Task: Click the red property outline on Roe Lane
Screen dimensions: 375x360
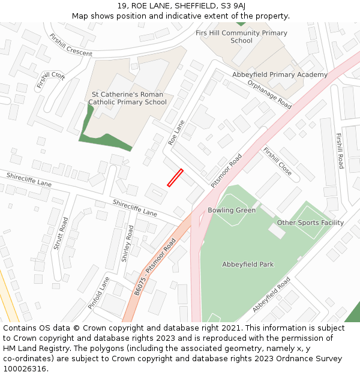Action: click(x=175, y=178)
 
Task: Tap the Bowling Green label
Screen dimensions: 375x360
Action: click(x=232, y=211)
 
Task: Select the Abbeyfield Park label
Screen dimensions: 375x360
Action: click(x=248, y=265)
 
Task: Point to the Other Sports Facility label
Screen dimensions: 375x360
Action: click(x=310, y=223)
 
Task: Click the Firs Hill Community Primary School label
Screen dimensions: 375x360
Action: click(x=241, y=37)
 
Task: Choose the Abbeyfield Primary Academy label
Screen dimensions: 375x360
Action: click(x=280, y=75)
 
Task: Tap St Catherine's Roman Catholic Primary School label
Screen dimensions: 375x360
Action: click(x=127, y=98)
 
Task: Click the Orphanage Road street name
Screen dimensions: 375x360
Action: click(x=269, y=95)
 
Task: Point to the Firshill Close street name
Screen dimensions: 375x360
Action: click(x=277, y=161)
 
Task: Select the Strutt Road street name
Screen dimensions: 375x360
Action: click(x=58, y=233)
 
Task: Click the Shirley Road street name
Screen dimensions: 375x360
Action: click(x=127, y=244)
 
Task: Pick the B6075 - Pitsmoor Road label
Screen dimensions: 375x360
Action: click(x=155, y=265)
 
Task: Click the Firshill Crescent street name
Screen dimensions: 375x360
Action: click(x=71, y=46)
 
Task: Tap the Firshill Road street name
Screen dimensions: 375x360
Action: click(x=340, y=151)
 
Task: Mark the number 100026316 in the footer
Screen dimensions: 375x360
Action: click(x=25, y=369)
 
